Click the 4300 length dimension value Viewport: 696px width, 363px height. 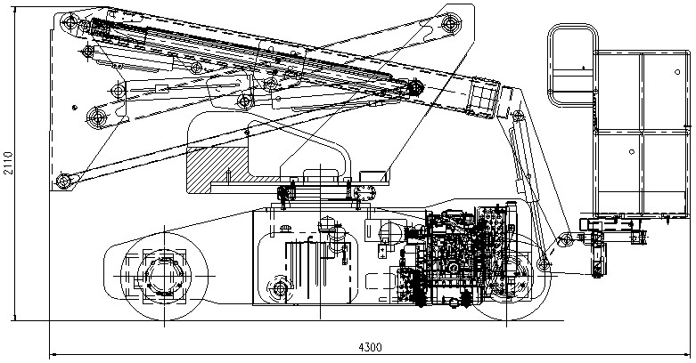pyautogui.click(x=370, y=347)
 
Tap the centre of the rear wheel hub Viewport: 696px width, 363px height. pyautogui.click(x=164, y=276)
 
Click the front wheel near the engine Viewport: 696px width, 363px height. pyautogui.click(x=507, y=277)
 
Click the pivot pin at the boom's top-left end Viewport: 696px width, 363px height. pyautogui.click(x=70, y=21)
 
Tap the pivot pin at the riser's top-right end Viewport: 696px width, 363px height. pyautogui.click(x=451, y=22)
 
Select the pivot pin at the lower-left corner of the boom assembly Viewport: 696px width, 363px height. pyautogui.click(x=64, y=181)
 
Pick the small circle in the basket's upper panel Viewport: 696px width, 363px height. pyautogui.click(x=677, y=72)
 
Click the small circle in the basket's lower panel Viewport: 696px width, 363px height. pyautogui.click(x=632, y=151)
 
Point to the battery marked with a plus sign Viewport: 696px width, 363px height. pyautogui.click(x=382, y=250)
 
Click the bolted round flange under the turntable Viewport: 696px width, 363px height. pyautogui.click(x=365, y=193)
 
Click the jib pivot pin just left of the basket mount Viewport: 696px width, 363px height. pyautogui.click(x=566, y=240)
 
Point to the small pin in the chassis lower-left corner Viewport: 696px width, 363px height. pyautogui.click(x=280, y=289)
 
